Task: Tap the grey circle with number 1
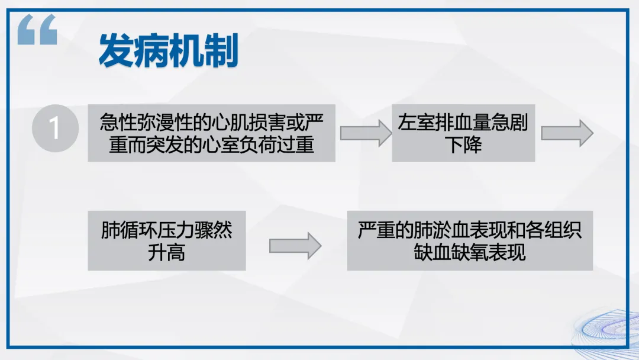[55, 128]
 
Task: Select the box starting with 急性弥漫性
[211, 133]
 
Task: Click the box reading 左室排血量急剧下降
[463, 133]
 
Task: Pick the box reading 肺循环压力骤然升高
[166, 240]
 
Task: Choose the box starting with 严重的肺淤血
[469, 240]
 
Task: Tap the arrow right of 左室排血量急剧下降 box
[566, 133]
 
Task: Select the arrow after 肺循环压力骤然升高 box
[295, 246]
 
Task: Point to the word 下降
[463, 144]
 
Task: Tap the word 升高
[166, 252]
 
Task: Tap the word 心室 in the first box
[227, 144]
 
